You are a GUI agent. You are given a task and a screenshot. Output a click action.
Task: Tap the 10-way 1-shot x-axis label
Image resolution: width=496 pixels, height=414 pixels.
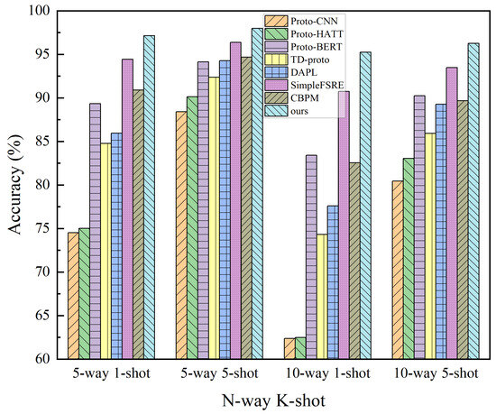click(322, 373)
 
